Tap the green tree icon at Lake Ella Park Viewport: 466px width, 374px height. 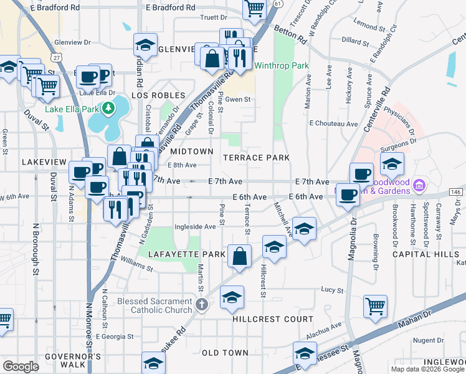tap(109, 109)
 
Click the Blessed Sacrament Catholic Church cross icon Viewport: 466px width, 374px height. tap(201, 305)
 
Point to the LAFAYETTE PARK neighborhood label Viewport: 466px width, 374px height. tap(186, 254)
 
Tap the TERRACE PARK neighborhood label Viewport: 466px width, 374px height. tap(256, 158)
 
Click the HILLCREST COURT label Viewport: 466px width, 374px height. tap(273, 319)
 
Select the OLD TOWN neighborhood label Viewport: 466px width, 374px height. tap(226, 353)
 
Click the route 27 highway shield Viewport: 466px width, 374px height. tap(57, 57)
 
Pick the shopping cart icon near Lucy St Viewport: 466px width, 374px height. tap(375, 305)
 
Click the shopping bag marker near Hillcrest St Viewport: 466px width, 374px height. tap(239, 256)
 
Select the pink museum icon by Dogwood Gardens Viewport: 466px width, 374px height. tap(419, 185)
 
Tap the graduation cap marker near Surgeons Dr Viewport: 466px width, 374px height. tap(392, 165)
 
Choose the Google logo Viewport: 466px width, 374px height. tap(21, 367)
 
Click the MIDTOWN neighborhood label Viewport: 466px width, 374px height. tap(193, 151)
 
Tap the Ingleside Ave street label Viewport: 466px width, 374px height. tap(195, 227)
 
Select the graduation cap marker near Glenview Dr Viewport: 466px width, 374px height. tap(145, 45)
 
